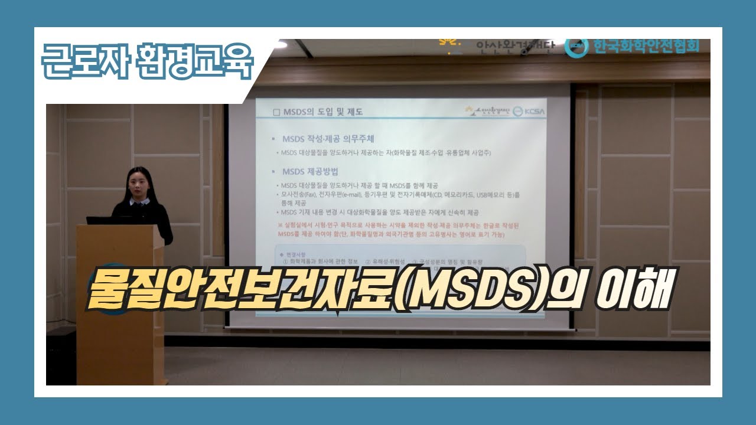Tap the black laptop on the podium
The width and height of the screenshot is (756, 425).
(x=106, y=220)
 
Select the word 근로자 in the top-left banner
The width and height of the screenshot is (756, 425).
(x=81, y=61)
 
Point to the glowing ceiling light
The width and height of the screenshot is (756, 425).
(x=281, y=44)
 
